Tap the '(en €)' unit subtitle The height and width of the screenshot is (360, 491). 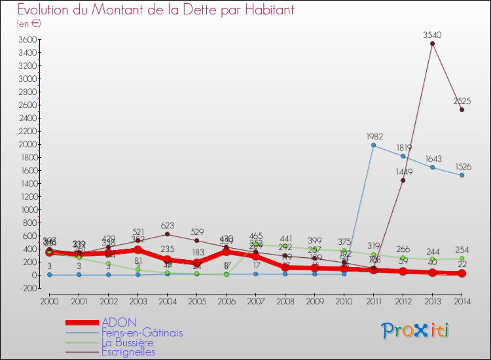click(29, 24)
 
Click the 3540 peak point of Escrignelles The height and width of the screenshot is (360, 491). click(432, 44)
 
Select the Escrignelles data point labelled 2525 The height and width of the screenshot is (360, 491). click(462, 110)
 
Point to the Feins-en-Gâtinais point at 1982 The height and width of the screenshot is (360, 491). click(373, 145)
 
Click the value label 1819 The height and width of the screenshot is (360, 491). click(403, 147)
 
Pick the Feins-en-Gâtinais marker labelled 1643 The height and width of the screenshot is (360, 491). click(432, 168)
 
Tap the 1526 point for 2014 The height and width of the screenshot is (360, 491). click(462, 175)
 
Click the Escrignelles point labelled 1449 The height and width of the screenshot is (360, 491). click(403, 180)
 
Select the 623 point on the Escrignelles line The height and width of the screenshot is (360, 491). click(168, 234)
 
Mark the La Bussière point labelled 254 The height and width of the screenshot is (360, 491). click(462, 259)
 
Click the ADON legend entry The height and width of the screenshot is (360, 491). click(119, 322)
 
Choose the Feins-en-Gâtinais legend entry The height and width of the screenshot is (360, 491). click(142, 333)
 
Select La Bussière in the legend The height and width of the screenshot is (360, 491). click(127, 342)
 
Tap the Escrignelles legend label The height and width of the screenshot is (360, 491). click(128, 352)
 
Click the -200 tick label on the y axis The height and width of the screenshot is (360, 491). click(27, 288)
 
